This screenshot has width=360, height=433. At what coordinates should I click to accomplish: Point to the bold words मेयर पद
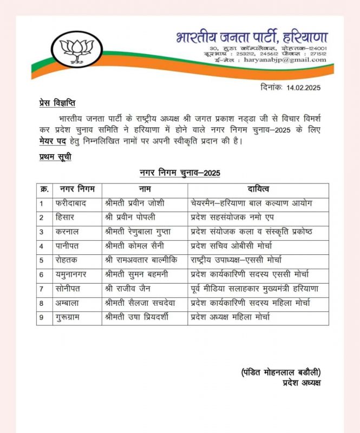pyautogui.click(x=56, y=142)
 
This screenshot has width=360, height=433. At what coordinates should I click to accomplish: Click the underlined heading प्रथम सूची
pyautogui.click(x=55, y=157)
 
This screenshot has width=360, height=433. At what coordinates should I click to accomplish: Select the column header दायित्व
pyautogui.click(x=258, y=189)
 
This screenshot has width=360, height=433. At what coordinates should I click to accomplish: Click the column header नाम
pyautogui.click(x=144, y=189)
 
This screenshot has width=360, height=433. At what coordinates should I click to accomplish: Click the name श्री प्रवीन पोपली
pyautogui.click(x=138, y=218)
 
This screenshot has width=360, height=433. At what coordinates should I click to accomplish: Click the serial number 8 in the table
pyautogui.click(x=41, y=303)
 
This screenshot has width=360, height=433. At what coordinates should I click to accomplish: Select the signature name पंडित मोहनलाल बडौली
pyautogui.click(x=280, y=372)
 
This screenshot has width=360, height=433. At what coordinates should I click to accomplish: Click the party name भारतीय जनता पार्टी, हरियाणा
pyautogui.click(x=251, y=38)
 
